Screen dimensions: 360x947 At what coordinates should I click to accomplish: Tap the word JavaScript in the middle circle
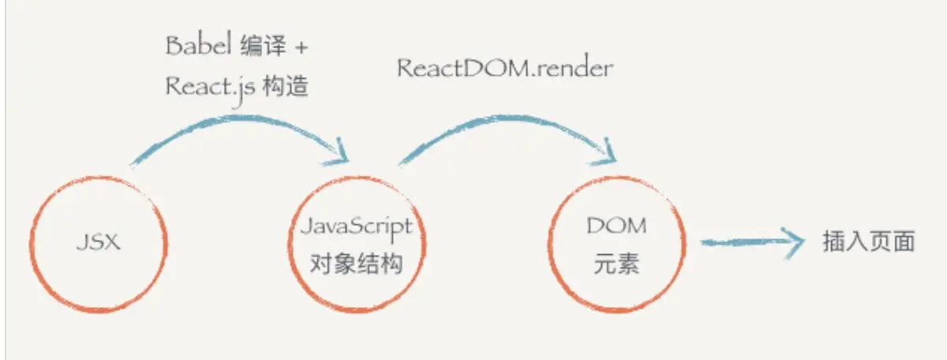pyautogui.click(x=357, y=227)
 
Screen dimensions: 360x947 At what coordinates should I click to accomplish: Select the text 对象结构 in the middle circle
pyautogui.click(x=357, y=263)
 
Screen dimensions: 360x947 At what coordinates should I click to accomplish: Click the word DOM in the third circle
pyautogui.click(x=616, y=227)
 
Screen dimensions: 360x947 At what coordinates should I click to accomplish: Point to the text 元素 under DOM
pyautogui.click(x=616, y=264)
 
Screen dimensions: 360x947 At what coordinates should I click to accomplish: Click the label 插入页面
pyautogui.click(x=868, y=242)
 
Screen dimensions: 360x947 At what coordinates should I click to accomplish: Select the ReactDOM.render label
pyautogui.click(x=504, y=68)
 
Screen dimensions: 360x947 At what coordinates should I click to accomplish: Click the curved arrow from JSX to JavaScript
pyautogui.click(x=237, y=122)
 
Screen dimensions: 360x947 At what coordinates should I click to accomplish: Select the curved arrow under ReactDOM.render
pyautogui.click(x=505, y=118)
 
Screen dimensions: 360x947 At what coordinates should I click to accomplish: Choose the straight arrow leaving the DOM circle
pyautogui.click(x=742, y=241)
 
